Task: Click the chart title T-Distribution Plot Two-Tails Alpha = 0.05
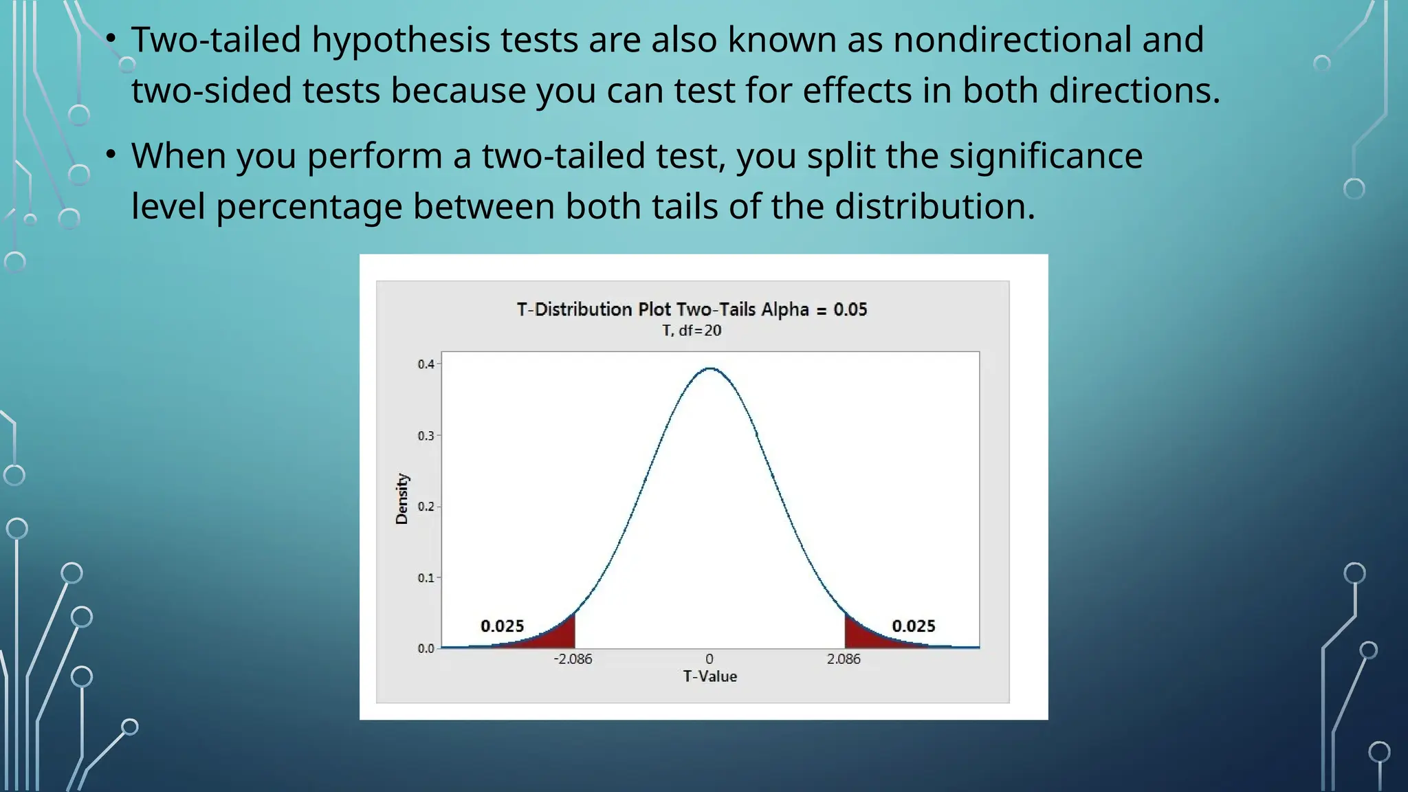(692, 309)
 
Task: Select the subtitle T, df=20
(692, 331)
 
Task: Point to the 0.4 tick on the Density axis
(426, 364)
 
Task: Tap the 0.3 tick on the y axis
(426, 435)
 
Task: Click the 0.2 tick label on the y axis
(426, 507)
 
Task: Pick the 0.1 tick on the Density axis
(426, 577)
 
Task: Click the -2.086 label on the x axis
(573, 659)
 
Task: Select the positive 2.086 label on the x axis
(844, 659)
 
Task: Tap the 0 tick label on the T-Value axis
(709, 659)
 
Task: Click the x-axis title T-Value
(709, 676)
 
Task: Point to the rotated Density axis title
(402, 499)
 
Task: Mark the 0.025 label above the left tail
(502, 626)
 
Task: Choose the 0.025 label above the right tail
(913, 626)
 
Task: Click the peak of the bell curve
(710, 369)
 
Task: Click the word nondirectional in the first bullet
(1012, 39)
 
